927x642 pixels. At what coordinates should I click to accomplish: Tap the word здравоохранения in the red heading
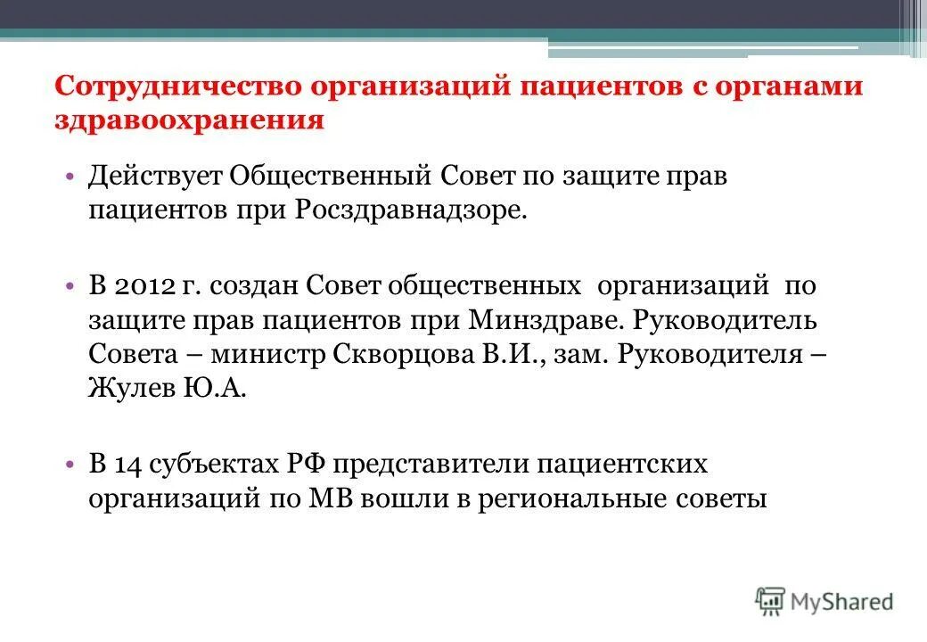[x=188, y=120]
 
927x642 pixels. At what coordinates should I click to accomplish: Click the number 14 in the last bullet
[x=128, y=464]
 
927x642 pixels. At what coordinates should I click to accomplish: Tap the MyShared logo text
[x=842, y=602]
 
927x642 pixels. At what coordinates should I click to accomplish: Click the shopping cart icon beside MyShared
[x=770, y=601]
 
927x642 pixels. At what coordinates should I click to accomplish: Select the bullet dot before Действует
[x=70, y=177]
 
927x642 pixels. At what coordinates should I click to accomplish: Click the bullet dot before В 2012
[x=70, y=287]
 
